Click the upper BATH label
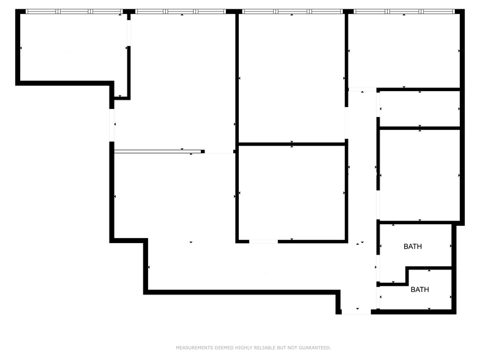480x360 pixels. (x=413, y=247)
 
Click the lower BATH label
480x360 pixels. (x=419, y=290)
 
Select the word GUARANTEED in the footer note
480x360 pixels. (x=316, y=348)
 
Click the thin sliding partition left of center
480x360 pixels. (x=158, y=151)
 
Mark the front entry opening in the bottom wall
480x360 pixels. (x=356, y=312)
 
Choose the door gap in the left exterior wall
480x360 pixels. (x=112, y=125)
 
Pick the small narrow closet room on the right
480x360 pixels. (x=419, y=109)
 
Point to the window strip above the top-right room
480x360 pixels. (x=404, y=11)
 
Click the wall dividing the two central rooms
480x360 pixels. (x=291, y=144)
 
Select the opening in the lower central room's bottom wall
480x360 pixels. (x=263, y=241)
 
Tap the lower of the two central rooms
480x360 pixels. (x=291, y=193)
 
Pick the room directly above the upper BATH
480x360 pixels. (x=419, y=174)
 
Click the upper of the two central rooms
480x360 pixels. (x=291, y=77)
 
